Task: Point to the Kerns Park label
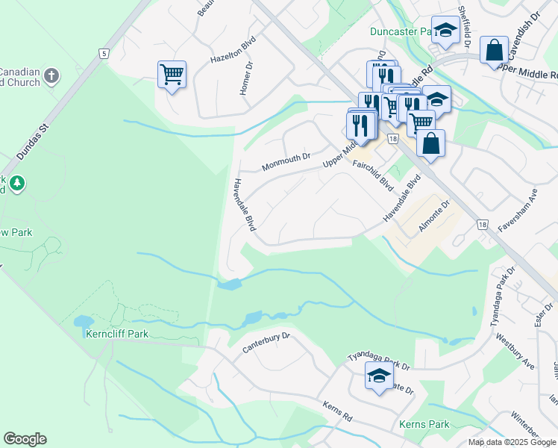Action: tap(424, 424)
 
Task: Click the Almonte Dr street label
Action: tap(434, 217)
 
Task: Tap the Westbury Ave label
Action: tap(519, 352)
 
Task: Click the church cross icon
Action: tap(51, 76)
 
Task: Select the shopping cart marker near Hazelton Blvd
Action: tap(172, 74)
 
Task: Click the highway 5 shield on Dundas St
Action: tap(104, 53)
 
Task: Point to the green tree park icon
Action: tap(16, 182)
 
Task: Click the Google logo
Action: tap(25, 439)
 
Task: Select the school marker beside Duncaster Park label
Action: tap(445, 31)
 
